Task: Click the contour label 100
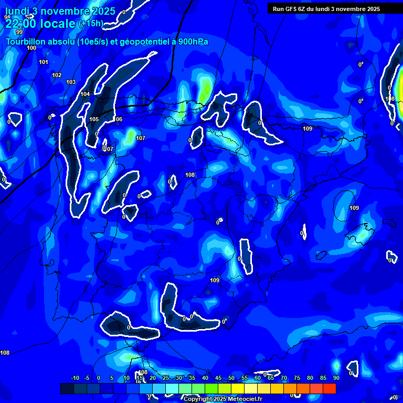[31, 48]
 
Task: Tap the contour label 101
[44, 62]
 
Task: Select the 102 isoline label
[57, 75]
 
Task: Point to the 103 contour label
[71, 82]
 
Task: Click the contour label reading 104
[85, 94]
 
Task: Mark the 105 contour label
[94, 119]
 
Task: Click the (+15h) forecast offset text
[91, 24]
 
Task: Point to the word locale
[56, 24]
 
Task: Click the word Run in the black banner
[278, 8]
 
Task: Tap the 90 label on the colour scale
[336, 378]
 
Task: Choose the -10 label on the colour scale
[75, 378]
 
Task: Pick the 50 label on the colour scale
[231, 378]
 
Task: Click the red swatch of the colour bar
[330, 388]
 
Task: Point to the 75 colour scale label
[297, 378]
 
